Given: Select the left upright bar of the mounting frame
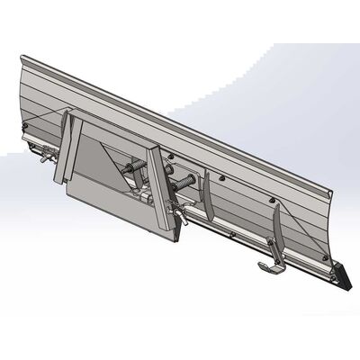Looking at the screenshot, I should click(x=66, y=149).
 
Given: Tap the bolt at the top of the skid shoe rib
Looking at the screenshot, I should click(x=274, y=202).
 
